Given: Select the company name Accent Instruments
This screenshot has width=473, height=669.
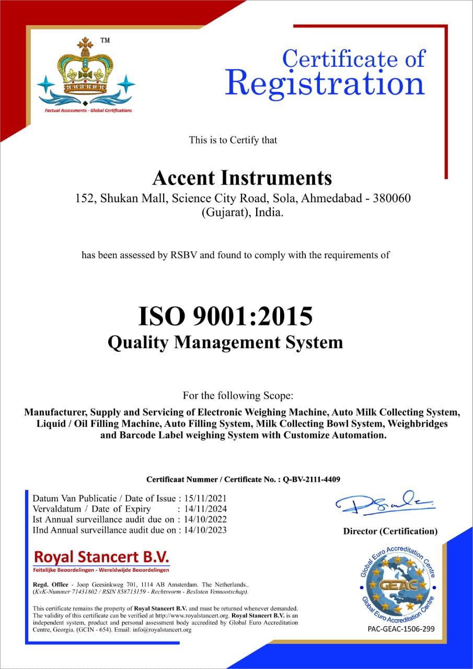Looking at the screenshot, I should click(x=242, y=178).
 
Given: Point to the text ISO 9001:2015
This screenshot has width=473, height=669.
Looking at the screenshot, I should click(x=225, y=317).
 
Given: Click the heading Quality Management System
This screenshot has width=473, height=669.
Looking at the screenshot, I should click(x=225, y=342).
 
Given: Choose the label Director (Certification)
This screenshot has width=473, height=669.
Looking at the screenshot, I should click(x=390, y=531).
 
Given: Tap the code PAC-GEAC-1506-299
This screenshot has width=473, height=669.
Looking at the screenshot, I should click(x=401, y=629).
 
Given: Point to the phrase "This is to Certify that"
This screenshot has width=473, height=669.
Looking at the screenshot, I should click(x=233, y=140).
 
